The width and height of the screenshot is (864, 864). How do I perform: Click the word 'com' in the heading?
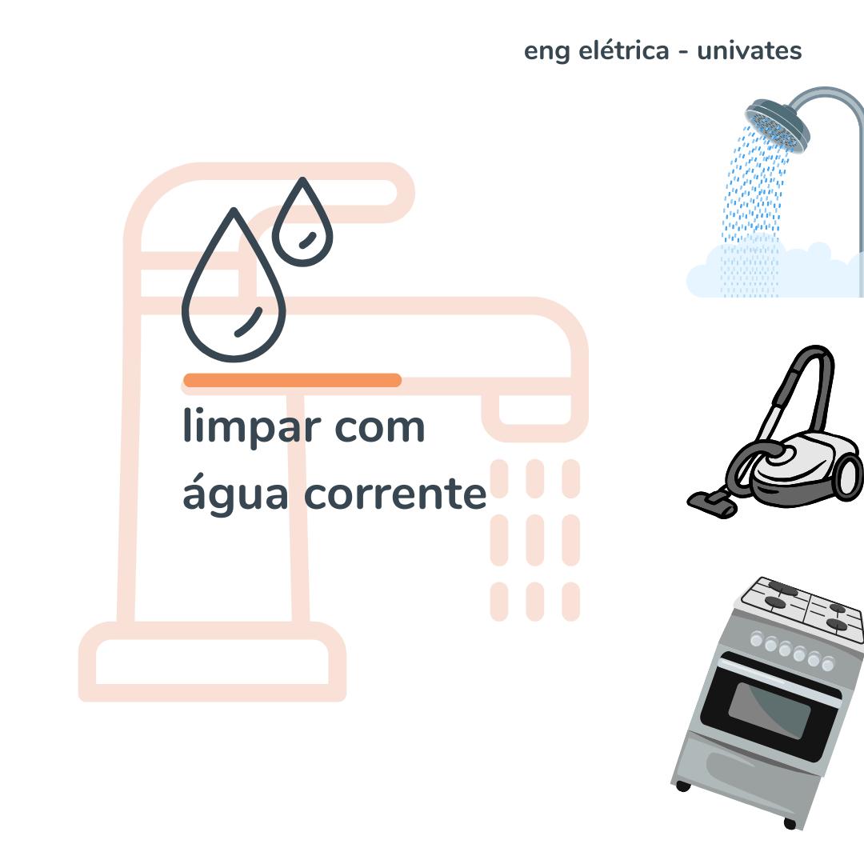pyautogui.click(x=379, y=427)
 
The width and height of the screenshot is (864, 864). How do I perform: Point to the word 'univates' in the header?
pyautogui.click(x=749, y=51)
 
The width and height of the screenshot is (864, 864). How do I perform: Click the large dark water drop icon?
pyautogui.click(x=234, y=296)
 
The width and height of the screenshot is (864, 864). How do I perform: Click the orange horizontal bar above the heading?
pyautogui.click(x=292, y=380)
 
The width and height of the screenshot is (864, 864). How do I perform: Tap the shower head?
pyautogui.click(x=777, y=124)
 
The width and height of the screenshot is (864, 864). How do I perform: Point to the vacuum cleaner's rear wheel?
pyautogui.click(x=849, y=477)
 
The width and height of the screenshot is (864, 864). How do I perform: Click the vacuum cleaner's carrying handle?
pyautogui.click(x=808, y=376)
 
